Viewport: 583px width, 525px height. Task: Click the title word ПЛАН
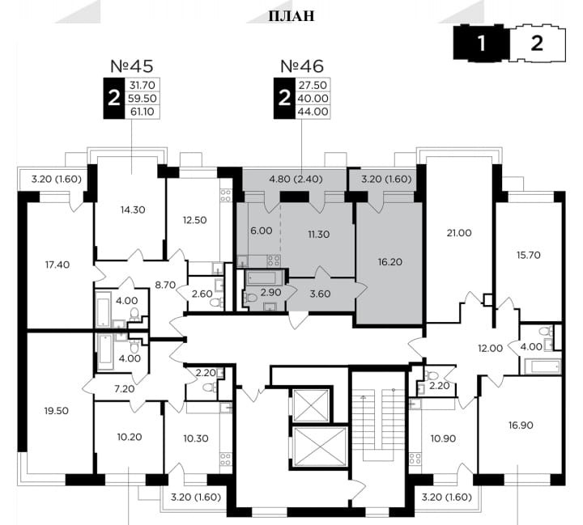coord(291,16)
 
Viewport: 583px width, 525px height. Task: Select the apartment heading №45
coord(132,66)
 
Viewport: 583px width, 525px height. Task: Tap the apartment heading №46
coord(302,66)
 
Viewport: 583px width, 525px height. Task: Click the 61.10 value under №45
coord(143,112)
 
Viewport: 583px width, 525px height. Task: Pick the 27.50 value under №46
coord(313,85)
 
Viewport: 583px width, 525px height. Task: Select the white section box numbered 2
coord(538,43)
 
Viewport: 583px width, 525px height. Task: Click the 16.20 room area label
coord(390,262)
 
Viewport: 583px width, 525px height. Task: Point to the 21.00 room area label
coord(459,233)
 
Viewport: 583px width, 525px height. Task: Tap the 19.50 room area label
coord(57,411)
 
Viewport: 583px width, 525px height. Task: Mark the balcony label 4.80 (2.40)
coord(296,179)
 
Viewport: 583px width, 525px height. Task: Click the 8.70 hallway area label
coord(165,285)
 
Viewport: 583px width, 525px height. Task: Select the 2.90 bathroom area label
coord(270,292)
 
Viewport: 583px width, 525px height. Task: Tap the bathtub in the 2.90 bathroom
coord(262,277)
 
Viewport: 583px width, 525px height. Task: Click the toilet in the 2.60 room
coord(215,302)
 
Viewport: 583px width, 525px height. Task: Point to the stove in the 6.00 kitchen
coord(274,260)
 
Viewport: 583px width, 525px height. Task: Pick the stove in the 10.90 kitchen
coord(415,459)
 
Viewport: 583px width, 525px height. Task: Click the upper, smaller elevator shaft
coord(311,405)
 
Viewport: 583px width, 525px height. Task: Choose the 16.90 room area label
coord(521,425)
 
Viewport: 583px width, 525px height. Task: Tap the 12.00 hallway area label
coord(490,348)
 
